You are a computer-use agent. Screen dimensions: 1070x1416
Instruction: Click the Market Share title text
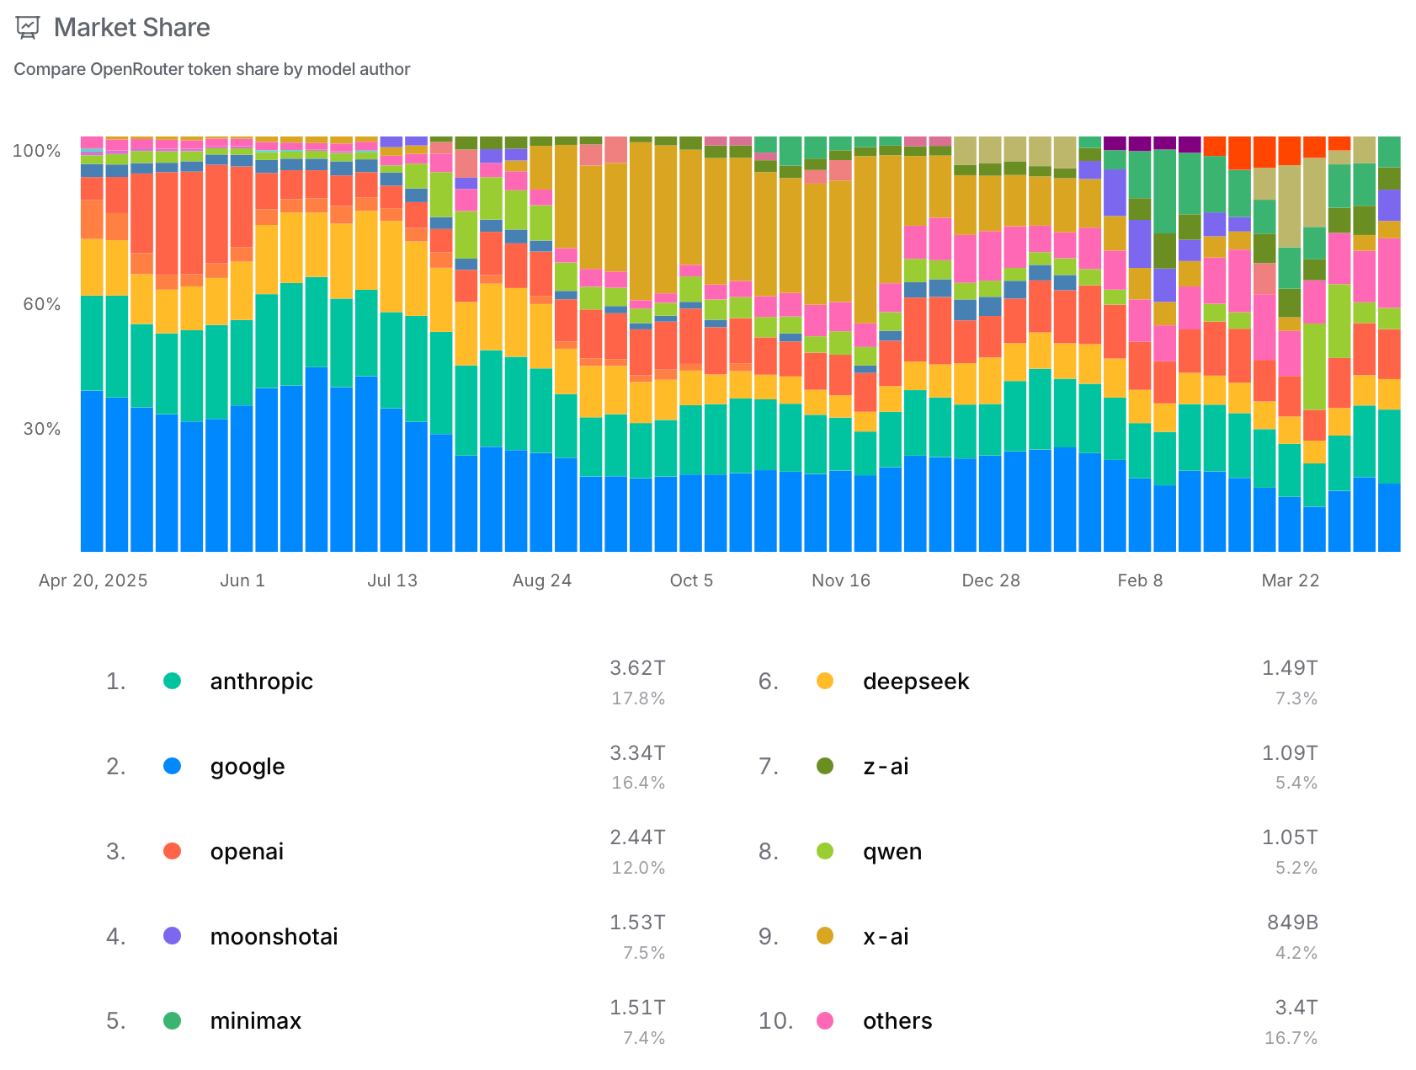pos(131,28)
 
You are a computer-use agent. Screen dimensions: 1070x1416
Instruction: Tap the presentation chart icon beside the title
pos(28,28)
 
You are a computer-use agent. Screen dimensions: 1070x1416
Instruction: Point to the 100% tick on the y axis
pos(36,151)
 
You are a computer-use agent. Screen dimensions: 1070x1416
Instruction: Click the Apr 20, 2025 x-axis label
pos(93,580)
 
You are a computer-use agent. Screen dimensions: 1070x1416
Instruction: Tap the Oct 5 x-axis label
pos(691,580)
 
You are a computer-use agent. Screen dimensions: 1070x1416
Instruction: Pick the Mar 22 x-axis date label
pos(1290,580)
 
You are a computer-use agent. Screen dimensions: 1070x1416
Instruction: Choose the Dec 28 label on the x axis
pos(990,580)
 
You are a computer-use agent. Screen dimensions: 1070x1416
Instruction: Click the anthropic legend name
pos(261,682)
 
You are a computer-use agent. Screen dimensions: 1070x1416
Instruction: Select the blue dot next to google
pos(172,766)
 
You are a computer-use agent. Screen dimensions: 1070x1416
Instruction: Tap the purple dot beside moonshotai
pos(172,936)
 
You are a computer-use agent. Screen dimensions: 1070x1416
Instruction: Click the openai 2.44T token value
pos(637,837)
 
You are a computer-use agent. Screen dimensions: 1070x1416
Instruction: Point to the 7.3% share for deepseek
pos(1296,698)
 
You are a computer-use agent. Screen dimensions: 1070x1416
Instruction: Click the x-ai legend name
pos(886,937)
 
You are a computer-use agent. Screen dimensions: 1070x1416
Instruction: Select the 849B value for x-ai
pos(1292,923)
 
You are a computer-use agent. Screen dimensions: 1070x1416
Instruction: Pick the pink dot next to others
pos(825,1021)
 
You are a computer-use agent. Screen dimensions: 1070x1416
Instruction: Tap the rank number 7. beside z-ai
pos(768,767)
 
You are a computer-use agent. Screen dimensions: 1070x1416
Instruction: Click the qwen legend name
pos(892,852)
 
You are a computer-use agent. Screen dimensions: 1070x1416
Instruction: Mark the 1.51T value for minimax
pos(637,1008)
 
